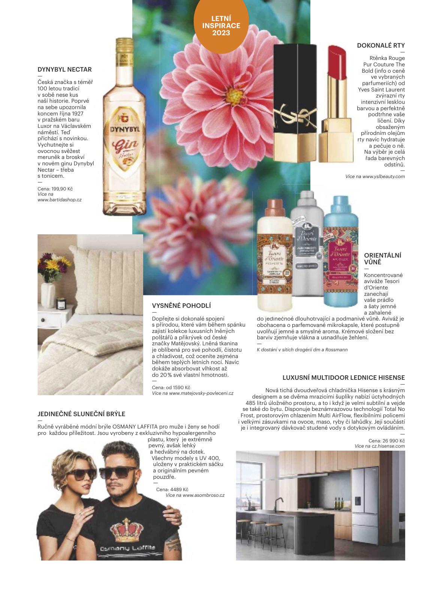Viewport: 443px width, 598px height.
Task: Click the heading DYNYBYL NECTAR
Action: [x=64, y=69]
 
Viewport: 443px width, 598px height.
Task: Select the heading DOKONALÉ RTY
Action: [x=380, y=45]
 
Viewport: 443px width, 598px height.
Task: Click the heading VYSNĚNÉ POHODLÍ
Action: [x=181, y=306]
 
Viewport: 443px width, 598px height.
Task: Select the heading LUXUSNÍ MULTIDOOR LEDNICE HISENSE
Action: [x=343, y=378]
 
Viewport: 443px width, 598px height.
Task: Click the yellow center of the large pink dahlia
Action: [x=233, y=92]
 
